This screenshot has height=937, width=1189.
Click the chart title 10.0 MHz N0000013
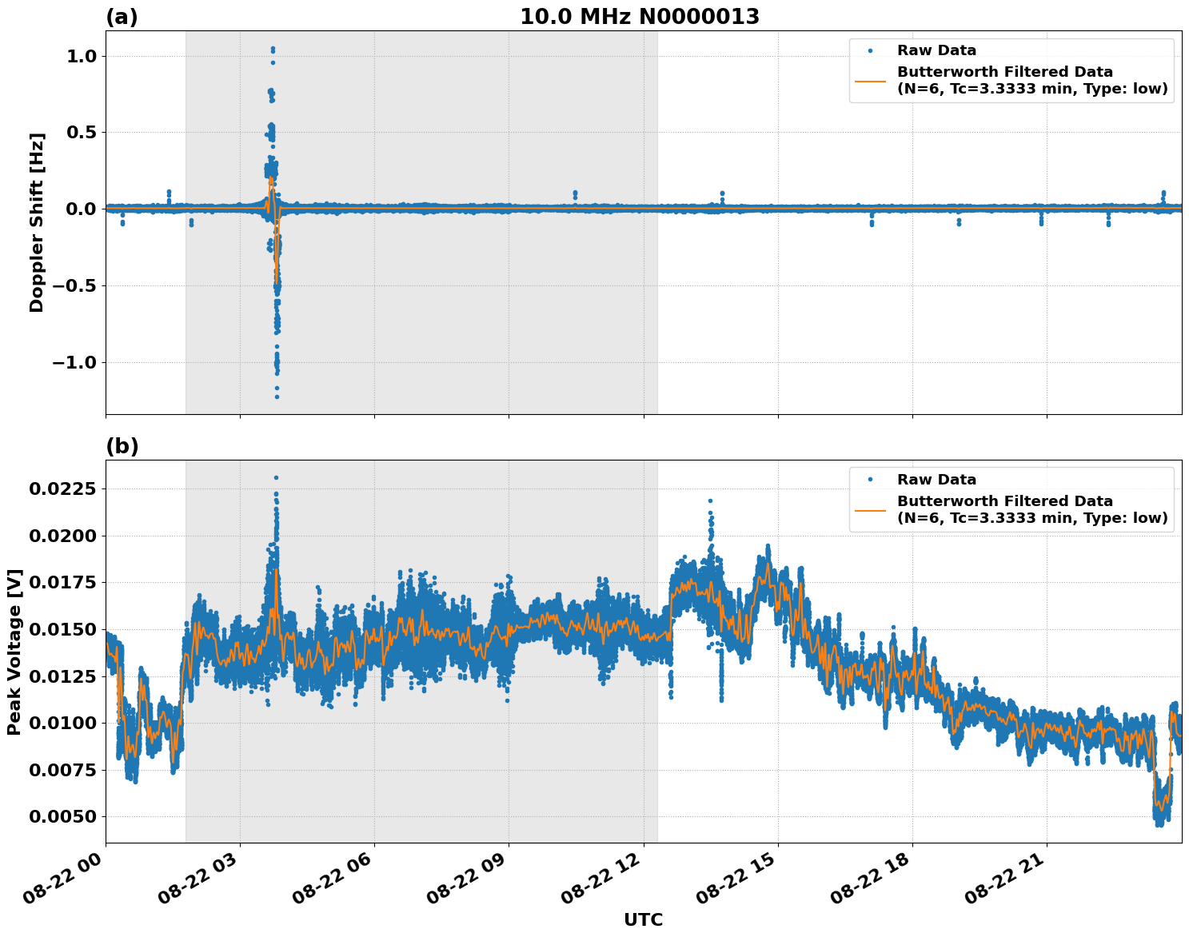pos(640,17)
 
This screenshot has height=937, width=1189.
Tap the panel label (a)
pos(122,17)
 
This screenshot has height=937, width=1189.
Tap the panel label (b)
pos(122,446)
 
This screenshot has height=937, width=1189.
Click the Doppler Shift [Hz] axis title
pos(37,222)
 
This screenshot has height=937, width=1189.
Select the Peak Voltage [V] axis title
pos(14,652)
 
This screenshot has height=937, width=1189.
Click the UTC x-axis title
pos(643,919)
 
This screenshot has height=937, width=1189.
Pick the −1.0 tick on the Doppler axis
pos(74,362)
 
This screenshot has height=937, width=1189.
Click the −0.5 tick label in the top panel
pos(74,285)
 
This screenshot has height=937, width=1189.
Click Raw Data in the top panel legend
pos(936,50)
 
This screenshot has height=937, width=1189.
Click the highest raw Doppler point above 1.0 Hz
pos(273,49)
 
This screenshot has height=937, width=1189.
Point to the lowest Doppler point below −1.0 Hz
pos(277,397)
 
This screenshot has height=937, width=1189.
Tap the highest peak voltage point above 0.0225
pos(276,477)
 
